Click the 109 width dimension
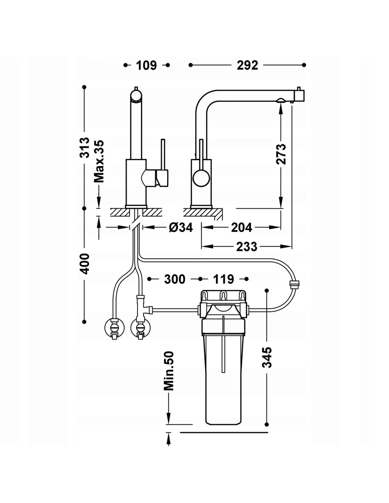146,65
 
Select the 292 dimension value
248,65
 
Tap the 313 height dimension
85,148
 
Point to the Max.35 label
99,161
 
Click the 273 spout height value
281,154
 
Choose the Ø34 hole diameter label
181,227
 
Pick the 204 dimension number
242,227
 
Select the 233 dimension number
246,246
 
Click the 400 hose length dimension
85,264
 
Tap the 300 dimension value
175,279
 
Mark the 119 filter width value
223,279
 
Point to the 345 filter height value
267,357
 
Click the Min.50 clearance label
169,370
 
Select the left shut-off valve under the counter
114,328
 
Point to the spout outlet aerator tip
280,100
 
